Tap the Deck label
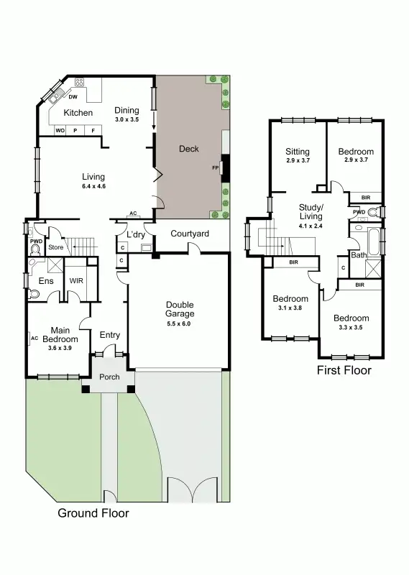point(188,149)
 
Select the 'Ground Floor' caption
point(93,513)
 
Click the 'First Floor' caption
point(344,370)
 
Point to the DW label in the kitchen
point(73,97)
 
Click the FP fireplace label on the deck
point(215,168)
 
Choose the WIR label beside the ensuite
point(76,280)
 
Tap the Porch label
point(109,377)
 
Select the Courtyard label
point(190,234)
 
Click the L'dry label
point(136,235)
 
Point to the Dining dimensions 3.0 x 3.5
point(127,119)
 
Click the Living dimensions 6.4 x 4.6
point(93,186)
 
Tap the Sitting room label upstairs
point(297,152)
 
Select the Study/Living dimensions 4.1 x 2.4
point(311,226)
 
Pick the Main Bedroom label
point(55,334)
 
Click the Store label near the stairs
point(55,247)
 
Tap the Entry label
point(110,335)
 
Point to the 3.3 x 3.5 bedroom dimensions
point(351,327)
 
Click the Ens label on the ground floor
point(45,281)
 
